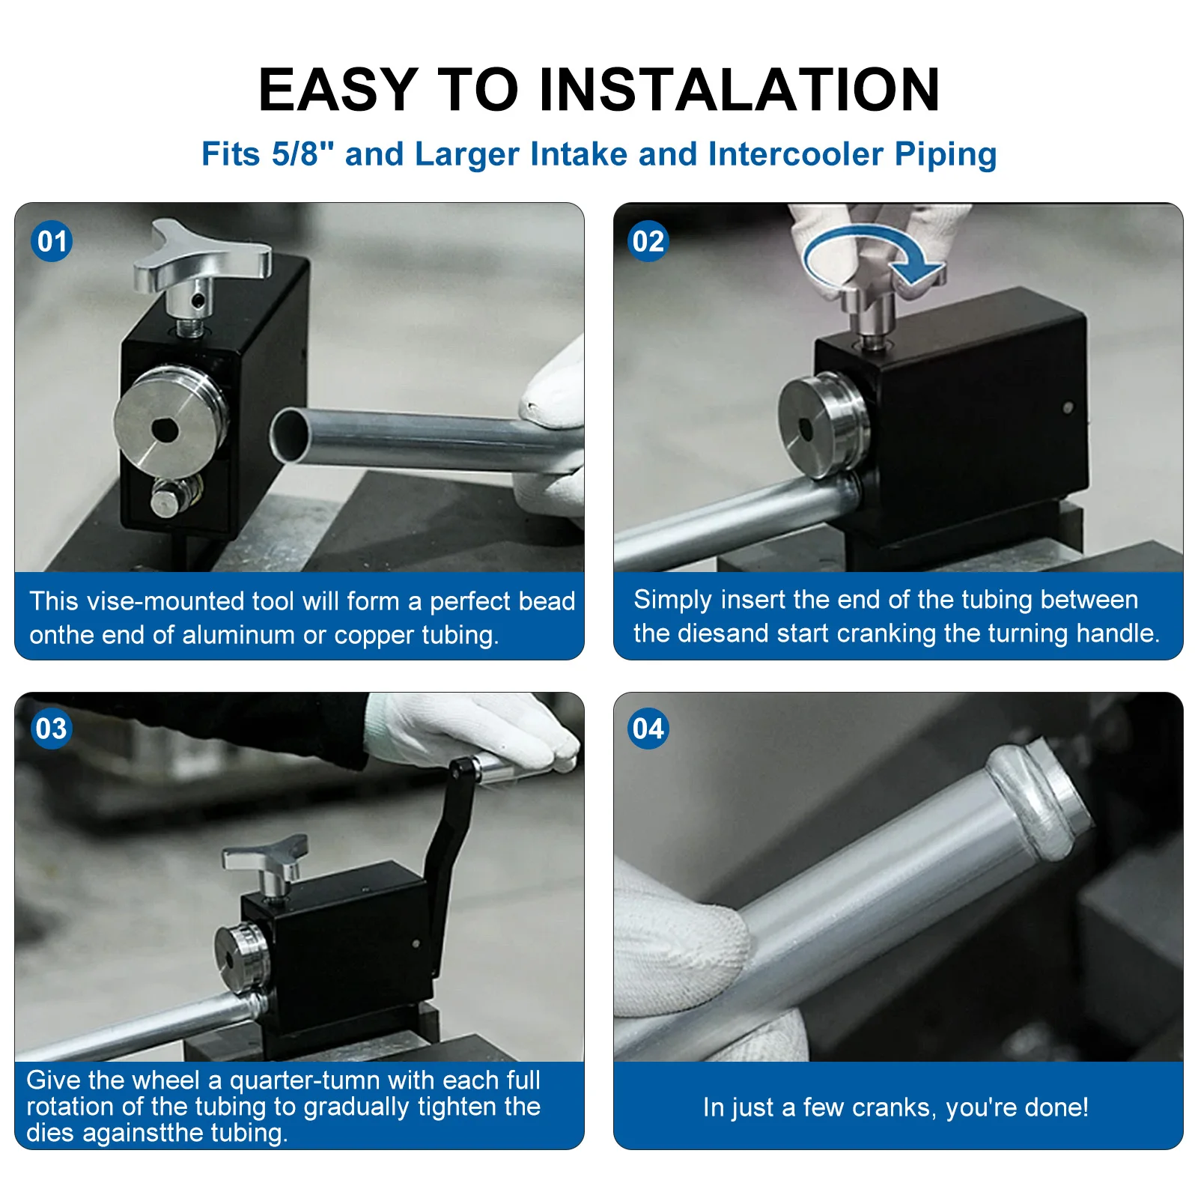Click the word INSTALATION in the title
click(739, 90)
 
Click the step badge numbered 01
click(52, 241)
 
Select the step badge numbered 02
click(648, 241)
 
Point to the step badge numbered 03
click(52, 729)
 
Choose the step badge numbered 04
click(648, 729)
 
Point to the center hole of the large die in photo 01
click(165, 431)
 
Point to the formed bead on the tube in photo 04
click(1037, 795)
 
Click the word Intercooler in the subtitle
click(796, 153)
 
